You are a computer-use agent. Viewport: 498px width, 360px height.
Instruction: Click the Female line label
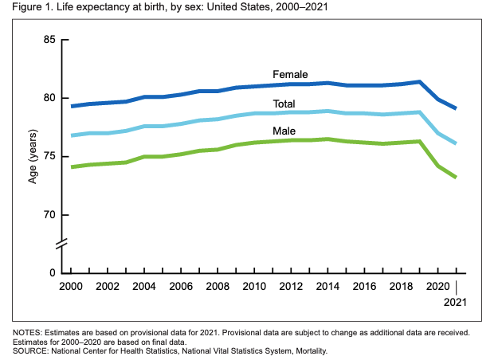click(x=290, y=74)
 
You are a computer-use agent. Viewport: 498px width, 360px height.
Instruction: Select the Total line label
click(x=284, y=104)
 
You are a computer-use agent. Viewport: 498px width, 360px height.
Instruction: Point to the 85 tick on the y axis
click(x=50, y=40)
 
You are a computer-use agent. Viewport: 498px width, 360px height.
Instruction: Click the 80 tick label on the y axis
click(x=50, y=98)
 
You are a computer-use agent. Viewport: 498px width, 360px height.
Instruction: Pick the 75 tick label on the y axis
click(x=50, y=157)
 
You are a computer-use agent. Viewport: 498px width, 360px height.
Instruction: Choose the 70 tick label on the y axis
click(x=50, y=215)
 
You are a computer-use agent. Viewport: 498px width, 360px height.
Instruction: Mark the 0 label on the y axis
click(x=53, y=273)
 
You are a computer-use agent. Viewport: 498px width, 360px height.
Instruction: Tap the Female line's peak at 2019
click(x=419, y=81)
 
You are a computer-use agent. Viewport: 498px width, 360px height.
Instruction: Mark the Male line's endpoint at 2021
click(x=456, y=177)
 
